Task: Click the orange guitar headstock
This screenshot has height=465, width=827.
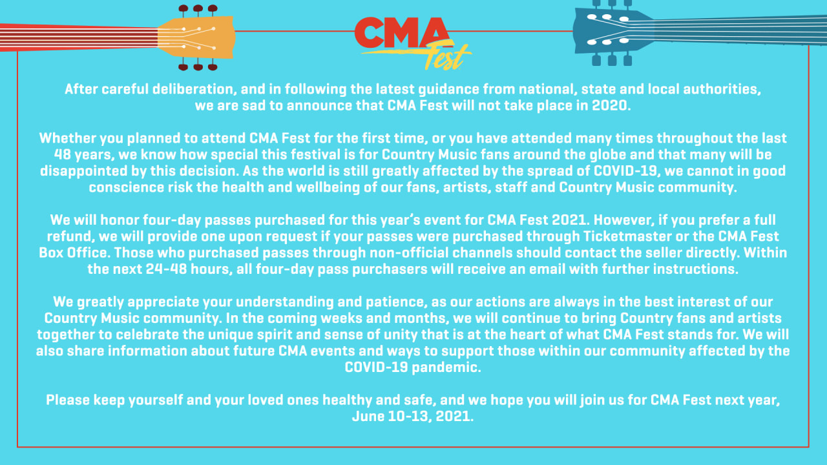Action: pos(196,37)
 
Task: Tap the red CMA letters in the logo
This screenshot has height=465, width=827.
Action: pos(402,33)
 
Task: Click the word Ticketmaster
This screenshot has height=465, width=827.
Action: pos(627,236)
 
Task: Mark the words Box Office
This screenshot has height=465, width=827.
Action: pos(73,253)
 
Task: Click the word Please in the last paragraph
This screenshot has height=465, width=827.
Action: pos(68,400)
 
